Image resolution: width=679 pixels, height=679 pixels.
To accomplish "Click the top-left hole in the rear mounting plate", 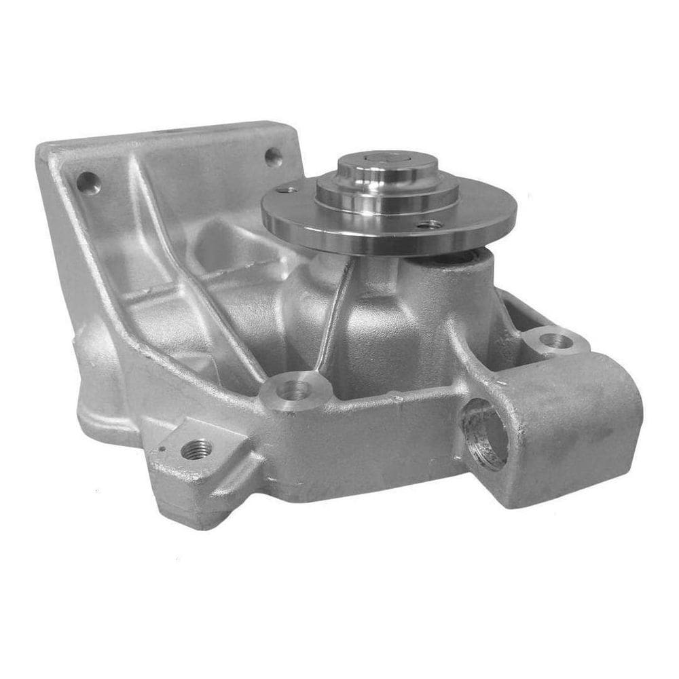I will click(88, 182).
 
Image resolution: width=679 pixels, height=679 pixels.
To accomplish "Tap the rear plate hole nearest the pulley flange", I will click(273, 158).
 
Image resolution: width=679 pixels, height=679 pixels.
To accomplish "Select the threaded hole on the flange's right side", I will click(429, 223).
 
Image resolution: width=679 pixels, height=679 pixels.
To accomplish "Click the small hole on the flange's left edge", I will click(286, 190).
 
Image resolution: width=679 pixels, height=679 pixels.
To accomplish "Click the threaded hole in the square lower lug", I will click(197, 449).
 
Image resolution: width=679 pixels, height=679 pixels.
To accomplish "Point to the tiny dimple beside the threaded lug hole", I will click(163, 448).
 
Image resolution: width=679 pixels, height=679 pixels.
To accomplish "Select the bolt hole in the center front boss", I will click(295, 390).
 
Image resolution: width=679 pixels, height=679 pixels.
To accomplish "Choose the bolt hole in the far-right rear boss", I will click(555, 339).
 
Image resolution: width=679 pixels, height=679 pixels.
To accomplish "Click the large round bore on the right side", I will click(485, 435).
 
